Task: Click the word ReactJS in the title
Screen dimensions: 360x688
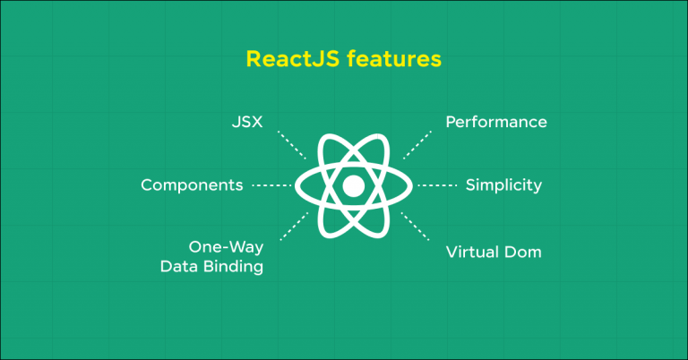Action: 285,60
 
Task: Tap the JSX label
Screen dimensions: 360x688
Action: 246,121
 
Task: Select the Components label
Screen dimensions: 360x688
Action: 192,185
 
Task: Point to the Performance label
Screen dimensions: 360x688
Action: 495,121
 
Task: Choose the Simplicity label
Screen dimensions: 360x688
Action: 503,185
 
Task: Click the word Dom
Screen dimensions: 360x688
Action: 525,252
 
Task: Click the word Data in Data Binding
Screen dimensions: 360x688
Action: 178,267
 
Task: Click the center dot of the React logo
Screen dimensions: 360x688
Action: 353,186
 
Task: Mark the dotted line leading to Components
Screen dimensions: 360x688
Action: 272,186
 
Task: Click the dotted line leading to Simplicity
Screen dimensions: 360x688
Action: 437,186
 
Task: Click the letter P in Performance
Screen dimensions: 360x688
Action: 451,121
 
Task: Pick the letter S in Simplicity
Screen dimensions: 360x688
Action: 470,185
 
